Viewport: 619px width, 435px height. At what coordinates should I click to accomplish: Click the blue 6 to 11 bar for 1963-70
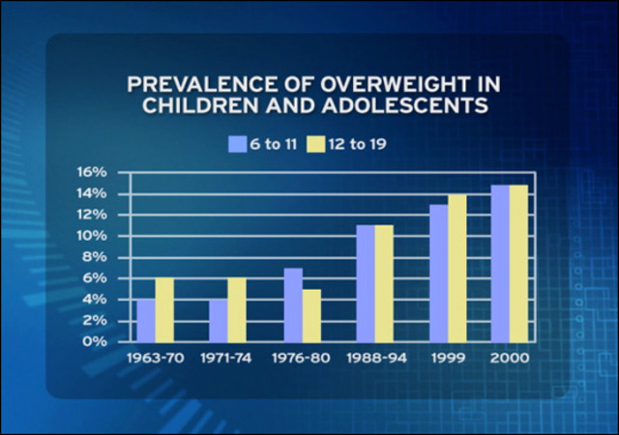pos(145,320)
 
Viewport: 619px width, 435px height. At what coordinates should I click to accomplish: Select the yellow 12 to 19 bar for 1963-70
pos(164,309)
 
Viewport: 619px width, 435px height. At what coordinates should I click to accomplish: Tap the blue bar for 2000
pos(500,263)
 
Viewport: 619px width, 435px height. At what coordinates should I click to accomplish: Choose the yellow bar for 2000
pos(518,263)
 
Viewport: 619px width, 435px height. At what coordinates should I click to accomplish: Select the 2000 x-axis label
pos(509,358)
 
